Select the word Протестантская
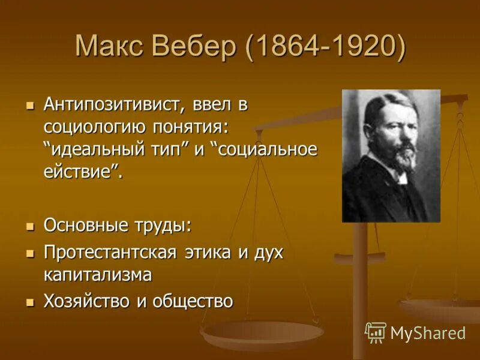click(x=110, y=252)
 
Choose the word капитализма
click(x=97, y=275)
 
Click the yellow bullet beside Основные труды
click(x=31, y=227)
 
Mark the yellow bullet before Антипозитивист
click(x=31, y=105)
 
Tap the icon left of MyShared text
click(x=376, y=332)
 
